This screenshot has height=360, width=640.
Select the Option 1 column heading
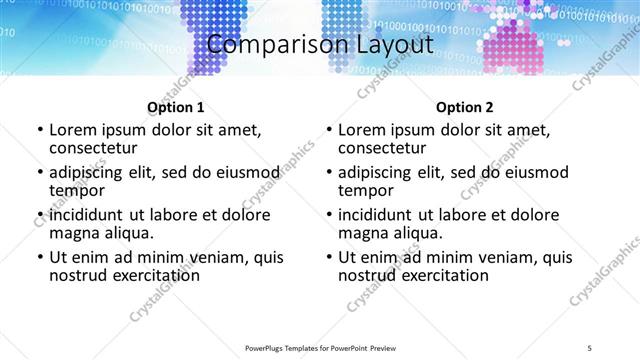175,107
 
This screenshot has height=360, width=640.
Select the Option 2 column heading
465,107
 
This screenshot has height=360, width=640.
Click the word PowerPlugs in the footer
267,348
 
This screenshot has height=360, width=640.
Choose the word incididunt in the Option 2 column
380,215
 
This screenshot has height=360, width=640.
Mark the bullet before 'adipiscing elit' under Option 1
39,173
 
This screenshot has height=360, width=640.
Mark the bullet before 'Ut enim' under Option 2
328,258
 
